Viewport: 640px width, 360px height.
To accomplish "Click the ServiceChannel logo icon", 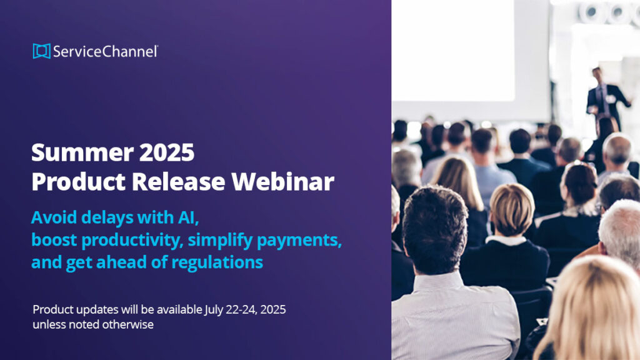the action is tap(42, 51).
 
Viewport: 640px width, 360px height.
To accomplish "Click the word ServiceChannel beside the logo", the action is tap(105, 51).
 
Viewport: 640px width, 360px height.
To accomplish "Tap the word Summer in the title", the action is tap(82, 152).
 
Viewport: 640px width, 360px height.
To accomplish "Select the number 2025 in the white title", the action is tap(166, 152).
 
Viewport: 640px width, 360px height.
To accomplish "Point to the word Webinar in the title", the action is tap(283, 181).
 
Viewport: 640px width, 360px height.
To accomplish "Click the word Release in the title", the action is tap(178, 181).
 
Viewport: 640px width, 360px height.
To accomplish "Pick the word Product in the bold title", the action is tap(78, 181).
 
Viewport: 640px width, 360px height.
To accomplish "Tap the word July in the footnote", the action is tap(214, 310).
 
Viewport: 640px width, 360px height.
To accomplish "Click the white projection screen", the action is tap(453, 50).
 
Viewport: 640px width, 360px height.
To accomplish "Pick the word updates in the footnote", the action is tap(97, 310).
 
